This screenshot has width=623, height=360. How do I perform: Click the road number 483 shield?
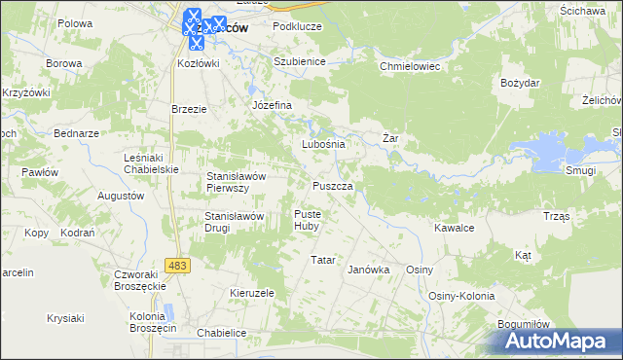coord(177,265)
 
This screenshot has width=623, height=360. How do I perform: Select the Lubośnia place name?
coord(323,144)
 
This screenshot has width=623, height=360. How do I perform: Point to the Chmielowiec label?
coord(410,67)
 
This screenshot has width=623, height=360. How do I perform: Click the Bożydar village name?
coord(520,83)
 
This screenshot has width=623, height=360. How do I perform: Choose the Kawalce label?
coord(454,228)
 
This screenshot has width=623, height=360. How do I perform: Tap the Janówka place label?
coord(368,270)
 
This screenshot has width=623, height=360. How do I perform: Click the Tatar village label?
coord(322,260)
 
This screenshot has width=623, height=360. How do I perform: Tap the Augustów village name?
coord(122,196)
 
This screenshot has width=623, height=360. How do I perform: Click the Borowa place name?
coord(63,63)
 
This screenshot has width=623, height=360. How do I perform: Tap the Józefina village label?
coord(272,104)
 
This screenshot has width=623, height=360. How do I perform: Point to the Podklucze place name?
coord(297,26)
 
